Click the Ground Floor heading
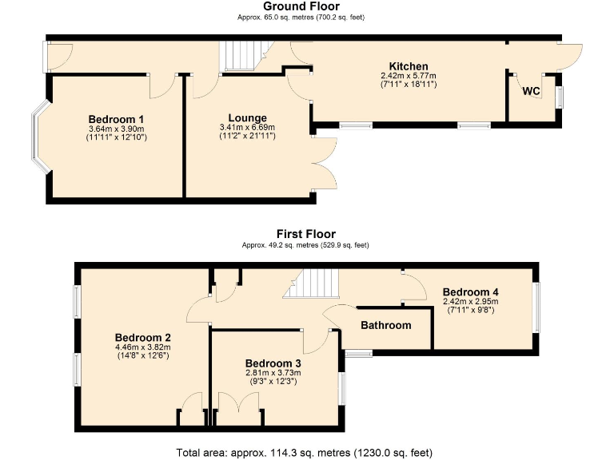tap(307, 6)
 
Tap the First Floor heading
tap(306, 234)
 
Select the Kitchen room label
tap(409, 66)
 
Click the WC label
tap(532, 91)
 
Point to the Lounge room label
tap(247, 118)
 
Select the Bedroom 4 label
tap(471, 292)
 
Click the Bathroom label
tap(386, 325)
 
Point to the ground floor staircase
tap(237, 56)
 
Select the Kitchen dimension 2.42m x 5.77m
tap(409, 76)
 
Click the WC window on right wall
tap(559, 96)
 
